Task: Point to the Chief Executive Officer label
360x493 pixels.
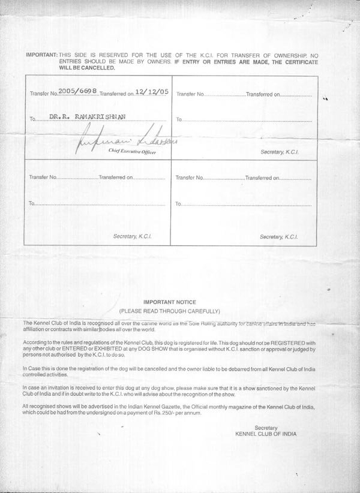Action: (131, 153)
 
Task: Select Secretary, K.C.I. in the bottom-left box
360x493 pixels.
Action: (133, 237)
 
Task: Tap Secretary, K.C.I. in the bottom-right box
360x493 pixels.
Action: (280, 237)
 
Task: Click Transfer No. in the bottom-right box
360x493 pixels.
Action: (191, 178)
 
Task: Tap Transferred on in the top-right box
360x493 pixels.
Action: (263, 95)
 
